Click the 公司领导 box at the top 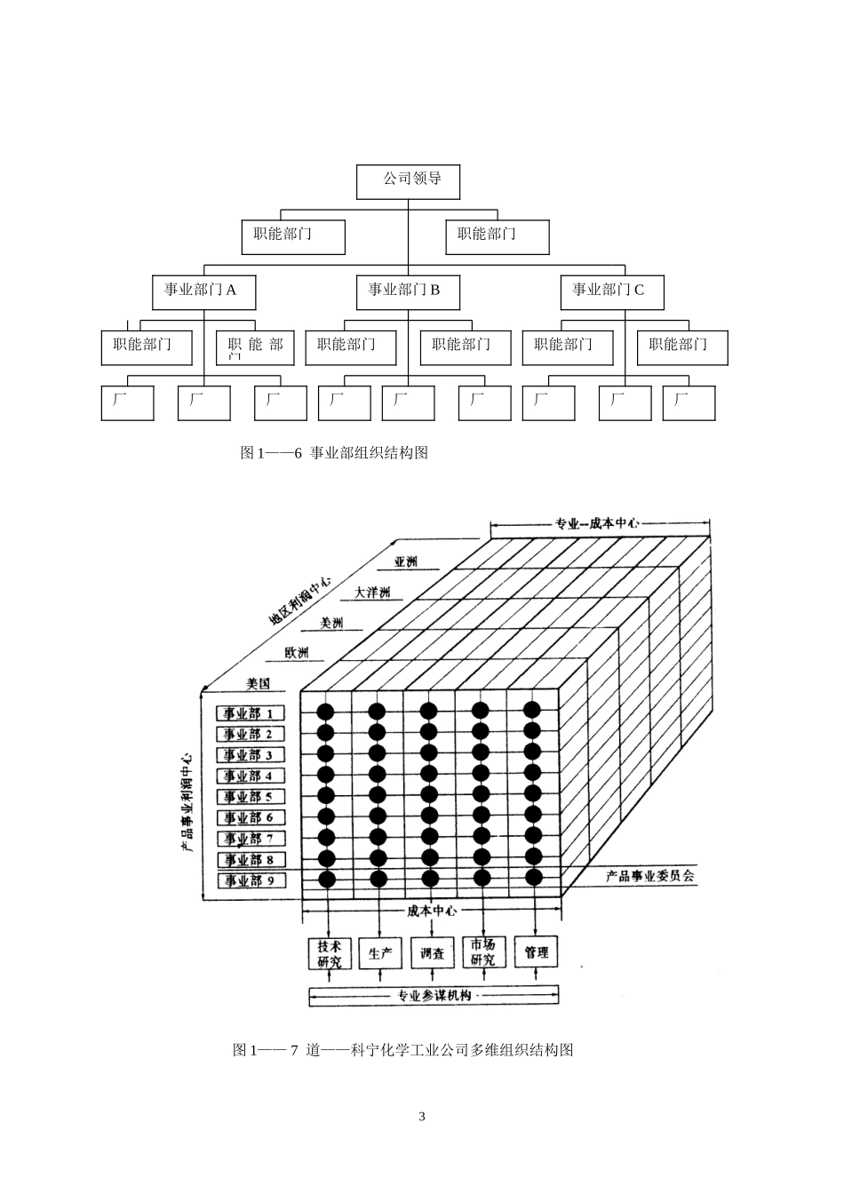[x=410, y=180]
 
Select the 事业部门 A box [x=203, y=291]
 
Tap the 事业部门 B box [x=407, y=291]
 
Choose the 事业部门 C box [x=611, y=291]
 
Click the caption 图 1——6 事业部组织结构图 [x=334, y=453]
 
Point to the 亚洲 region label [x=407, y=562]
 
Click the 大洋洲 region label [x=371, y=593]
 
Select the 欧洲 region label [x=298, y=653]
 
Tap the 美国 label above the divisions [x=258, y=684]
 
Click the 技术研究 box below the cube [x=330, y=953]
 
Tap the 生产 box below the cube [x=380, y=953]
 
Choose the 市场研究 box [x=483, y=953]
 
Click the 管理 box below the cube [x=536, y=953]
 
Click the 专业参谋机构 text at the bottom [x=434, y=996]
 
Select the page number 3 [x=422, y=1117]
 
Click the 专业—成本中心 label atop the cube [x=597, y=523]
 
